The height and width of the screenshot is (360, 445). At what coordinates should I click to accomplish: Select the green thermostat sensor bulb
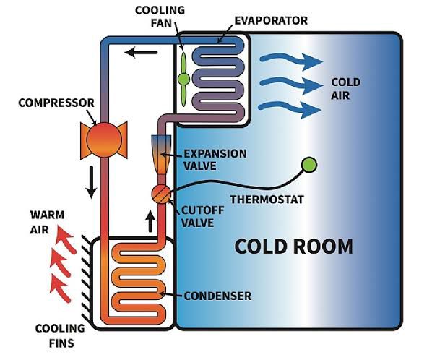(x=310, y=166)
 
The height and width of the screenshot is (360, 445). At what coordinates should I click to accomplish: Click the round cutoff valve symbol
(x=161, y=193)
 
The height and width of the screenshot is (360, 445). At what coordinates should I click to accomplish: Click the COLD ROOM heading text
(x=294, y=247)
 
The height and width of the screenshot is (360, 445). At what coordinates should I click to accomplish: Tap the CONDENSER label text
(x=217, y=296)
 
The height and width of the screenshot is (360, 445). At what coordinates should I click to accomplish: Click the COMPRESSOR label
(x=49, y=102)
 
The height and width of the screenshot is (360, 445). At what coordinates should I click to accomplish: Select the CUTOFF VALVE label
(x=194, y=215)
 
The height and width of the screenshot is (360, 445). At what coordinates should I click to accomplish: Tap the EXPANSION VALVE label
(x=215, y=160)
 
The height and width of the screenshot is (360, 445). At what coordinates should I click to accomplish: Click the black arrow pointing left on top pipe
(x=142, y=51)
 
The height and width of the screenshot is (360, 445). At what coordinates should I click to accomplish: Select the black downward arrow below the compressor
(x=91, y=184)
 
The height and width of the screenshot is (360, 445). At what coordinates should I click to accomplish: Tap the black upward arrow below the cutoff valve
(x=151, y=220)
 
